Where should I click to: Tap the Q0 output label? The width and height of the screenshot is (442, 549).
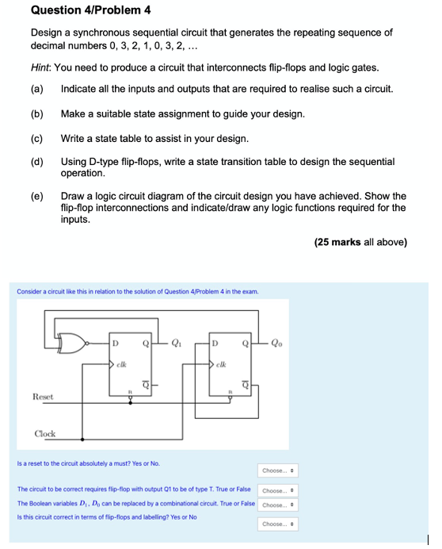click(275, 344)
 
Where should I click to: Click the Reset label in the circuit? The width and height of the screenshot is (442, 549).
click(44, 395)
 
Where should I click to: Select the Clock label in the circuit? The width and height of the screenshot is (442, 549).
click(45, 433)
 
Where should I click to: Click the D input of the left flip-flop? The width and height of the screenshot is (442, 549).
click(116, 344)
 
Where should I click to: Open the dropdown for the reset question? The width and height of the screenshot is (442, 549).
click(278, 470)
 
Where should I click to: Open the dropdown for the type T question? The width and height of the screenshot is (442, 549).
click(278, 491)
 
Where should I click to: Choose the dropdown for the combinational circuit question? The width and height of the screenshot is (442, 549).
click(278, 505)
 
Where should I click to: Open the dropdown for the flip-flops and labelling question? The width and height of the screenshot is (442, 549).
click(278, 524)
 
